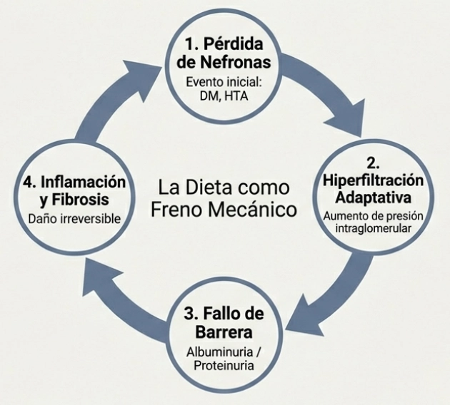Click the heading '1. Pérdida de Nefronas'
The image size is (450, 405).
click(x=224, y=52)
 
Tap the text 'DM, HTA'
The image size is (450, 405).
click(x=224, y=96)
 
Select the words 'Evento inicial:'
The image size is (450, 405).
click(x=224, y=81)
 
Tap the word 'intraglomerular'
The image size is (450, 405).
click(x=372, y=228)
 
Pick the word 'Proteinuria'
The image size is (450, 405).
click(x=224, y=366)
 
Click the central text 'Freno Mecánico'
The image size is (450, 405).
click(x=224, y=210)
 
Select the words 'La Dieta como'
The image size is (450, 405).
click(x=224, y=188)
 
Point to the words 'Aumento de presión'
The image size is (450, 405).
click(x=372, y=215)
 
